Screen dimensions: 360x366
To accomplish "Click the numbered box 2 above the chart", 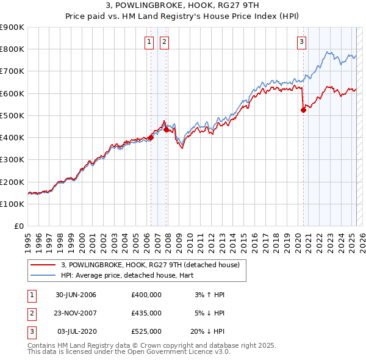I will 165,42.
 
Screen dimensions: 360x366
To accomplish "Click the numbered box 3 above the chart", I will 302,42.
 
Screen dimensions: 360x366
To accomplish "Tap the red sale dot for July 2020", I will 303,110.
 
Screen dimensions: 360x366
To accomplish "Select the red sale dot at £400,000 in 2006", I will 151,138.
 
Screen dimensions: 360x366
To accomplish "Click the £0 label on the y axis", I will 18,226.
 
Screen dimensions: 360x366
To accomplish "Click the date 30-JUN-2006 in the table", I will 76,295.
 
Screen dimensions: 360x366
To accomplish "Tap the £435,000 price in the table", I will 146,313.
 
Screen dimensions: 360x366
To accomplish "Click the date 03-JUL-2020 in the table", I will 77,331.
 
